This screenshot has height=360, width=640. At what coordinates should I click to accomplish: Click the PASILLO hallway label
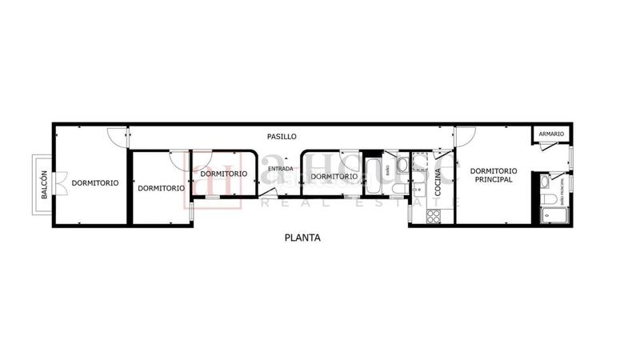[282, 137]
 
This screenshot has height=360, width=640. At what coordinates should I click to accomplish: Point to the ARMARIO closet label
[551, 134]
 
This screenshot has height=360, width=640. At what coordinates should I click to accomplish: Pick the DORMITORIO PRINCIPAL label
[493, 175]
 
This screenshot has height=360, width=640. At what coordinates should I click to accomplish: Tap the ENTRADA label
[280, 169]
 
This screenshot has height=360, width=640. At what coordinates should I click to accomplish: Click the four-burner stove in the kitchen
[435, 215]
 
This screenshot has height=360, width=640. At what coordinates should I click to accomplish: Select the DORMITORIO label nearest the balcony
[95, 182]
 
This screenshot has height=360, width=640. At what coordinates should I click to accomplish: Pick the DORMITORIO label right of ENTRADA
[334, 177]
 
